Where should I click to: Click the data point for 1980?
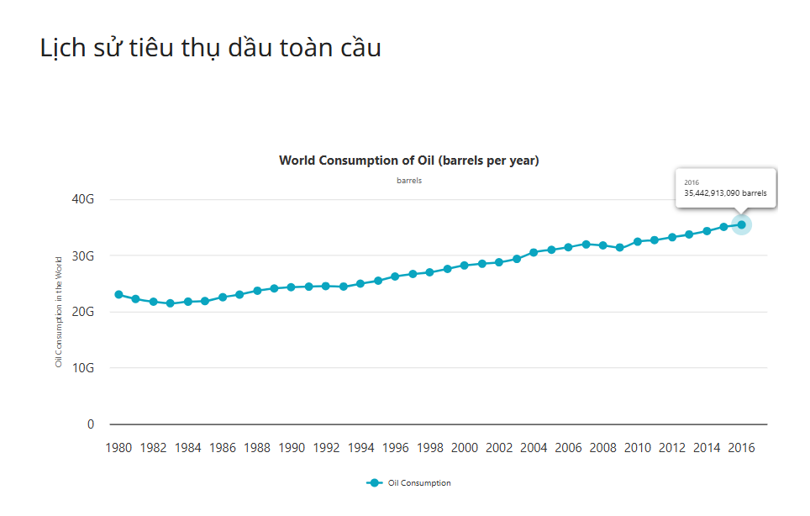coord(118,295)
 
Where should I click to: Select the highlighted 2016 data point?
coord(741,224)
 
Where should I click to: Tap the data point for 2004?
coord(534,252)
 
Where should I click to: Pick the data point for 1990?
coord(292,287)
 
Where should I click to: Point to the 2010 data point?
coord(638,241)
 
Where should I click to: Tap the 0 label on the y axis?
coord(91,424)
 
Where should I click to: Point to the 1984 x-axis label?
coord(188,448)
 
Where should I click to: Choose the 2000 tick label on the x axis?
coord(465,448)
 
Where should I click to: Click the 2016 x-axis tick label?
coord(741,448)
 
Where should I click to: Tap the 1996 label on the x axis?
coord(395,448)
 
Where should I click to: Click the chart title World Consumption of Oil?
coord(408,161)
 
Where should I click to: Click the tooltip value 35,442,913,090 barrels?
coord(725,193)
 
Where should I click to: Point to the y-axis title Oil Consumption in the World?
coord(59,312)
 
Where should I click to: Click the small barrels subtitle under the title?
coord(409,181)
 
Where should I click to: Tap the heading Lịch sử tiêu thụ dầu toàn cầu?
coord(211,48)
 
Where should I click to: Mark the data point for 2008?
coord(602,245)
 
